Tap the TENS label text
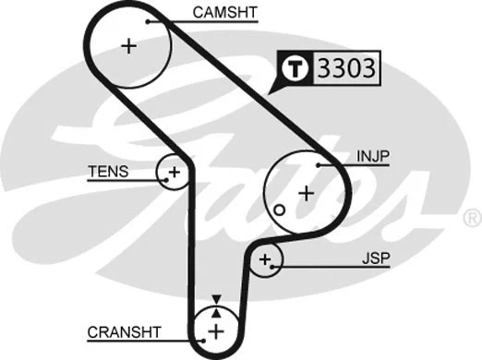[108, 172]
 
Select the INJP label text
[371, 157]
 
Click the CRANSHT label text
[125, 331]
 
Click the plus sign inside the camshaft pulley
[129, 45]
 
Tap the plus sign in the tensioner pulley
[174, 172]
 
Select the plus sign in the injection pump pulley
[306, 193]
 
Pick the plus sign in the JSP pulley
[267, 261]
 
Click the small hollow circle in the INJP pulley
[277, 210]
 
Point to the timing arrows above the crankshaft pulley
[216, 302]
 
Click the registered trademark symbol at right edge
[472, 219]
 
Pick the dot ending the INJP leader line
[317, 164]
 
